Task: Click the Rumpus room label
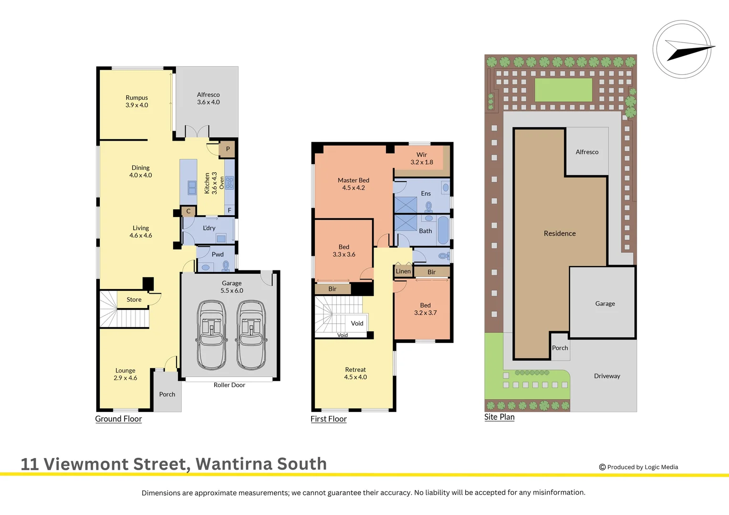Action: (x=136, y=98)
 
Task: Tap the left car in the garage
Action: (x=211, y=335)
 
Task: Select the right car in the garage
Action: (x=251, y=335)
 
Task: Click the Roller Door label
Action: (x=229, y=385)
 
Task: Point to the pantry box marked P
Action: (x=228, y=149)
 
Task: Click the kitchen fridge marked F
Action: (x=229, y=210)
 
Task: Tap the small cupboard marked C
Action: (x=188, y=211)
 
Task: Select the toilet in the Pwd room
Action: (x=226, y=266)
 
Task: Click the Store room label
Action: (x=134, y=300)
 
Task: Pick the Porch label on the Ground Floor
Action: (x=167, y=394)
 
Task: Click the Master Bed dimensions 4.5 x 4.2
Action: (x=354, y=188)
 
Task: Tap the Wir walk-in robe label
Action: (x=422, y=155)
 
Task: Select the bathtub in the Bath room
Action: (x=443, y=230)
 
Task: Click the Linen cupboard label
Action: (x=403, y=271)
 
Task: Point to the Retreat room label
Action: (x=355, y=370)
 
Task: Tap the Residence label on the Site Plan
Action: (x=560, y=234)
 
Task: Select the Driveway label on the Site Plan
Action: (x=607, y=376)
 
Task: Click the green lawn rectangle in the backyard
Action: (x=563, y=90)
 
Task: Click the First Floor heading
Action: (x=328, y=419)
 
